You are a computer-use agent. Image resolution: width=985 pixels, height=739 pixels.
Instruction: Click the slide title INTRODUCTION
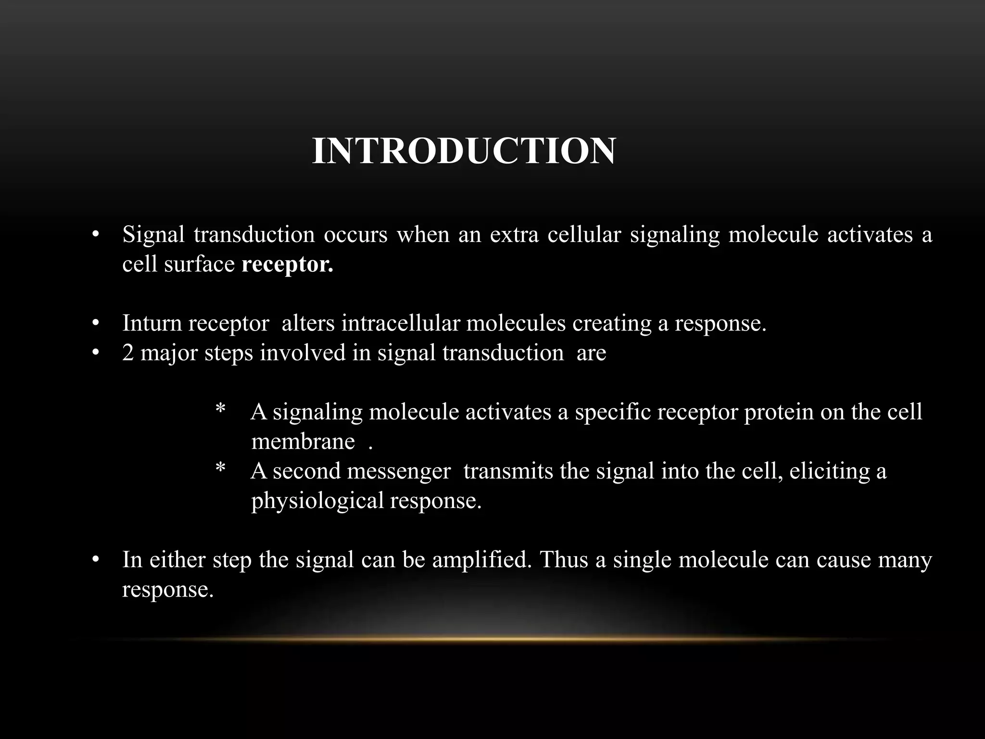pyautogui.click(x=464, y=152)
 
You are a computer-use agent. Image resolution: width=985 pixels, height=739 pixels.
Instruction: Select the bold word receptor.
pyautogui.click(x=287, y=265)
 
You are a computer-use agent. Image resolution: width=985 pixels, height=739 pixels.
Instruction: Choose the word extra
pyautogui.click(x=514, y=235)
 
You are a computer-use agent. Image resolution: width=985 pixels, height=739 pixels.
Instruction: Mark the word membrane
pyautogui.click(x=303, y=442)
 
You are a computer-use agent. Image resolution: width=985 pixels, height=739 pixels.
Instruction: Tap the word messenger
pyautogui.click(x=399, y=471)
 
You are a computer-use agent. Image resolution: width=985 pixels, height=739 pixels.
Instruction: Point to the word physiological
pyautogui.click(x=317, y=501)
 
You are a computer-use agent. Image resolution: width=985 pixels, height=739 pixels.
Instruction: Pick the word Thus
pyautogui.click(x=564, y=560)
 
